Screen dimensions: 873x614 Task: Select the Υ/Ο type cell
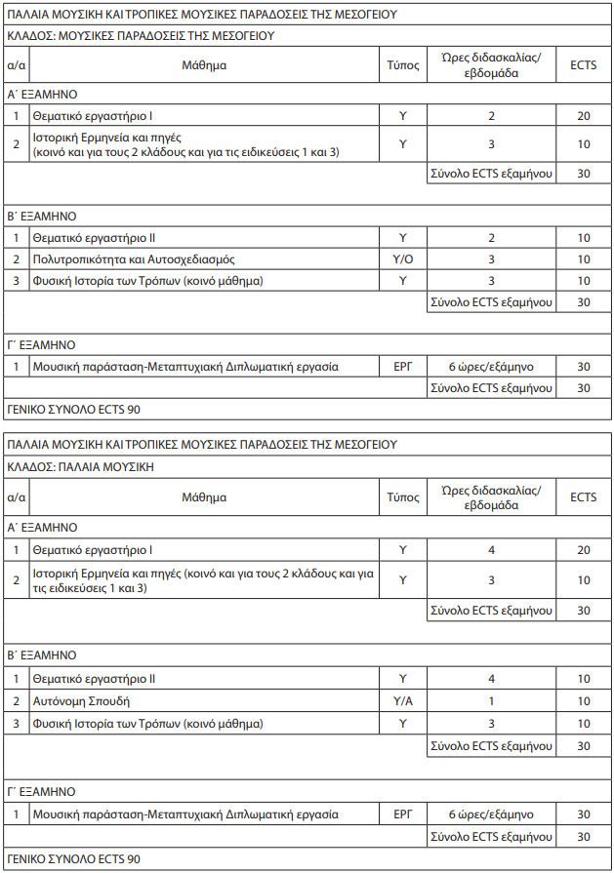[x=402, y=259]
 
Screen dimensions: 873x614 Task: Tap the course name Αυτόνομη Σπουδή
[x=81, y=701]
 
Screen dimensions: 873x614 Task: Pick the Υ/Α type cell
[x=402, y=701]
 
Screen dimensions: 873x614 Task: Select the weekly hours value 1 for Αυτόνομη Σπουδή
[x=491, y=701]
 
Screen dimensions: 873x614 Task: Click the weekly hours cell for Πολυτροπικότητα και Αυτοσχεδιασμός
[x=491, y=259]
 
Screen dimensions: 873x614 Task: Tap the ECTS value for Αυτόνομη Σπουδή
[x=583, y=701]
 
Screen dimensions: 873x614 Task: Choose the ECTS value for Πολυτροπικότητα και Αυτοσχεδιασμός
[x=583, y=259]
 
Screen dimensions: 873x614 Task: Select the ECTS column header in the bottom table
[x=583, y=497]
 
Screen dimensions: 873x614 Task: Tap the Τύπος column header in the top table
[x=402, y=65]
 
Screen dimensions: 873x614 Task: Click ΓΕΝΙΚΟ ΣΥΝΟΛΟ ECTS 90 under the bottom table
[x=74, y=860]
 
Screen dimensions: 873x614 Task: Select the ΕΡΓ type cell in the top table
[x=402, y=367]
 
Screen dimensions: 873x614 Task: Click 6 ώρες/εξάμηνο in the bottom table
[x=491, y=813]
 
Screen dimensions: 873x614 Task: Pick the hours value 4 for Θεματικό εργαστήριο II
[x=491, y=679]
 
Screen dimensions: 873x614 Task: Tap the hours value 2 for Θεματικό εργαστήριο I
[x=491, y=115]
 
